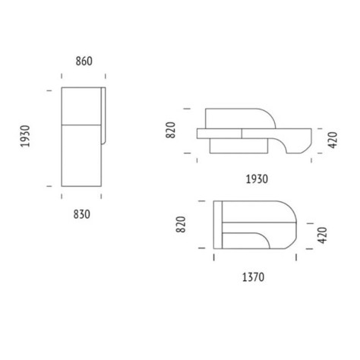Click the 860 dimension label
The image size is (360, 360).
[84, 62]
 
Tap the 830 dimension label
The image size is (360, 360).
[82, 214]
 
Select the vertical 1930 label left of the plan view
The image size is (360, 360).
[25, 136]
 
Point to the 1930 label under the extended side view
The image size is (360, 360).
[257, 179]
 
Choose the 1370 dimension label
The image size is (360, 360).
[253, 277]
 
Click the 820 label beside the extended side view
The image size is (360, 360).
[171, 130]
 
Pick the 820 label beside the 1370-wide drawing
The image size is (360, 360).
[181, 224]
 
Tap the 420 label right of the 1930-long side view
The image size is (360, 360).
[333, 140]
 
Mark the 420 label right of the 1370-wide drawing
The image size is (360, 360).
[322, 235]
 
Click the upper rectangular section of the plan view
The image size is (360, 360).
[81, 106]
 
